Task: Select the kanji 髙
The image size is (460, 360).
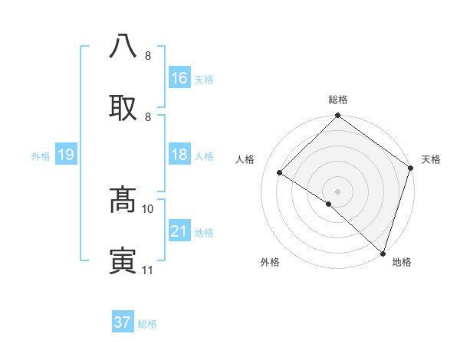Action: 123,199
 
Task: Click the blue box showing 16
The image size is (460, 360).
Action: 179,78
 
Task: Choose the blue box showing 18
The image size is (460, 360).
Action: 179,155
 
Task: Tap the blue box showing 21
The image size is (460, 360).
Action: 179,231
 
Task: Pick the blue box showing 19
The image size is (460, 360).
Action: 66,155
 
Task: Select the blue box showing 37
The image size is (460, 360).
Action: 123,322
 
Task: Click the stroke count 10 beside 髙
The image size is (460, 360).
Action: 148,208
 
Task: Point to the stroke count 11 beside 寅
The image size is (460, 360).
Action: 148,270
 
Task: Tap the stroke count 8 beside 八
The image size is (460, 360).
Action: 148,55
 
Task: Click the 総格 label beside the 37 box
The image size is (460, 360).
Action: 147,324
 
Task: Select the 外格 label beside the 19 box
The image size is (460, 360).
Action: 41,156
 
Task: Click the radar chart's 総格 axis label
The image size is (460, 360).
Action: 338,100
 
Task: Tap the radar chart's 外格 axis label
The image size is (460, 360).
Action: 270,262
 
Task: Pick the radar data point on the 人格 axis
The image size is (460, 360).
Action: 280,173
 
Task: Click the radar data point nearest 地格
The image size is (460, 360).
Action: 383,253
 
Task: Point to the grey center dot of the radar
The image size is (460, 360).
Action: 338,191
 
